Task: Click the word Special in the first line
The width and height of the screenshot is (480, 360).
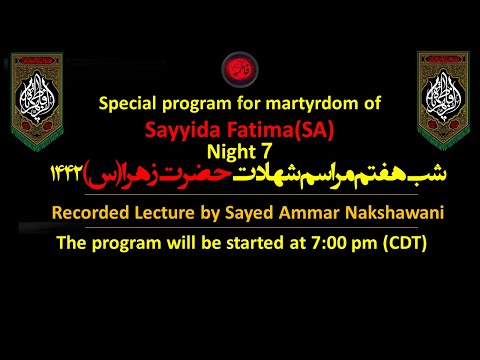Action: pos(132,103)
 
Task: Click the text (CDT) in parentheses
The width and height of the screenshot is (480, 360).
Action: pos(400,242)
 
